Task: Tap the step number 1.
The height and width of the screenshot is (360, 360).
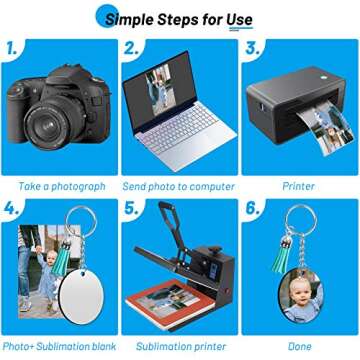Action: pos(12,49)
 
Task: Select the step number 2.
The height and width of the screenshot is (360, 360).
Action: pos(131,49)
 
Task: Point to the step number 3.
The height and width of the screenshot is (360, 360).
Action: pos(252,49)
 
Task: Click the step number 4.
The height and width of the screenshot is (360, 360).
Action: pos(11,208)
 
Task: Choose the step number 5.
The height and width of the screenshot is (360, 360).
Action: pos(131,208)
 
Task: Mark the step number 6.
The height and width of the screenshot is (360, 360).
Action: pos(252,208)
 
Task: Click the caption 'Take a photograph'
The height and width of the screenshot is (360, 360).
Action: pos(62,187)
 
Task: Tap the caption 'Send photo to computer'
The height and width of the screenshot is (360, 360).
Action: pos(179,187)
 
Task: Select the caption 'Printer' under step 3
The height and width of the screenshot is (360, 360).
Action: pos(298,186)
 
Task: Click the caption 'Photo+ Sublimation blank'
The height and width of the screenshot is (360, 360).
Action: pos(59,346)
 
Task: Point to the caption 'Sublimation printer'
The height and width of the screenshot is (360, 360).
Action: pos(181,346)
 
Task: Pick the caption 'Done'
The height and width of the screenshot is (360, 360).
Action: pos(300,346)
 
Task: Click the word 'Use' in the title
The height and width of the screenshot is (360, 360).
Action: pos(239,19)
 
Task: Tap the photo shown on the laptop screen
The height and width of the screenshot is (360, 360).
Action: pos(159,90)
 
